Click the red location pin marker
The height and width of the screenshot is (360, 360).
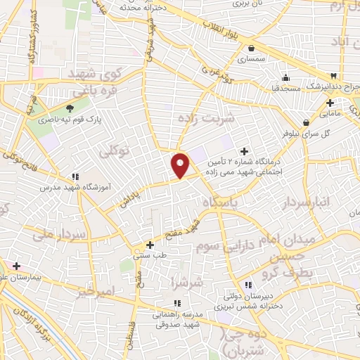[181, 165]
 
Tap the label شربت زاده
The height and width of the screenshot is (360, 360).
[207, 120]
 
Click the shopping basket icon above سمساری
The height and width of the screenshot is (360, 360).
[251, 49]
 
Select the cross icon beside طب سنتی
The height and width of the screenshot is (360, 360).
[149, 245]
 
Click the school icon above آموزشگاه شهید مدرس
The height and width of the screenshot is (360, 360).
[75, 176]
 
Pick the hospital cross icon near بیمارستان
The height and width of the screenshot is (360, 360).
[16, 266]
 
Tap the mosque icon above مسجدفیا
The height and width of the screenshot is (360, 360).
[285, 78]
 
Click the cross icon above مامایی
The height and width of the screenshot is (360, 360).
[330, 103]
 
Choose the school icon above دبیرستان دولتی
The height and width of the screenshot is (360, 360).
[247, 284]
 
